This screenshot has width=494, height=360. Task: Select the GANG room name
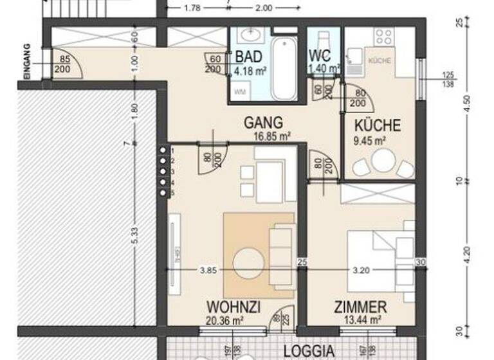pyautogui.click(x=258, y=122)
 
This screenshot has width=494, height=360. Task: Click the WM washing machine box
pyautogui.click(x=239, y=92)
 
